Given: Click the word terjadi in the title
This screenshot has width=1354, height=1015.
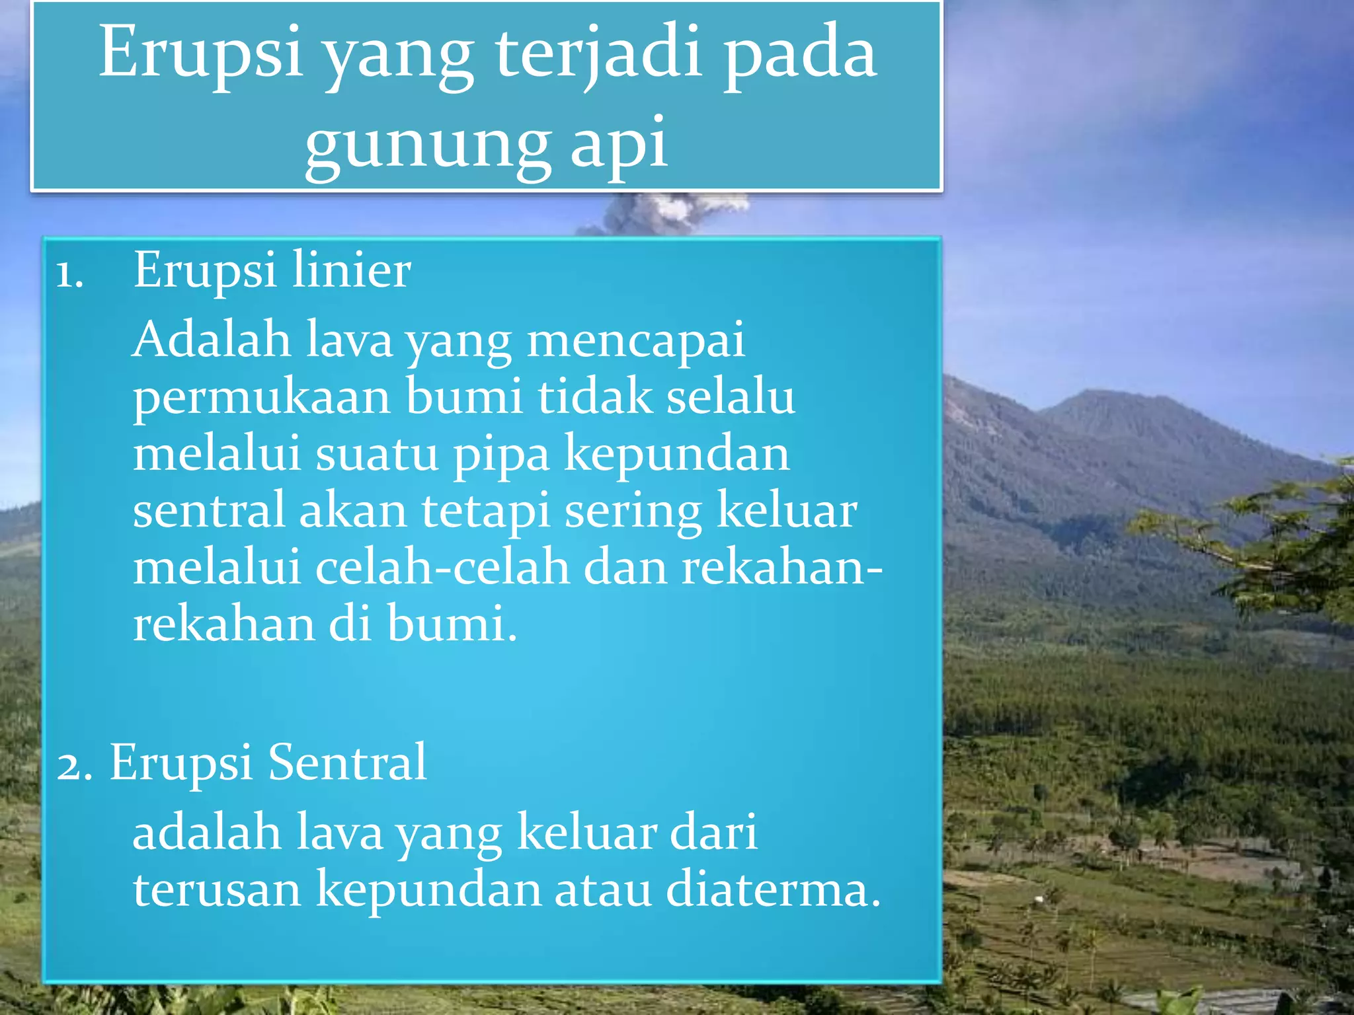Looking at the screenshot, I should [x=599, y=53].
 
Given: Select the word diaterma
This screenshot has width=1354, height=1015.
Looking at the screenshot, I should [x=773, y=889].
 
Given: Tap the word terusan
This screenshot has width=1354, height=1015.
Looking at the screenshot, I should [x=217, y=889].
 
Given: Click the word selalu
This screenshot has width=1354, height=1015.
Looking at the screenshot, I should [x=730, y=396].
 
